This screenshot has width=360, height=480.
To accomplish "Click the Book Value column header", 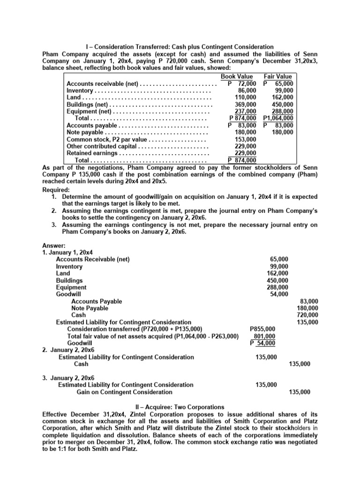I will click(x=237, y=76).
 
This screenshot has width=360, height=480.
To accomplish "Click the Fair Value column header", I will click(x=277, y=76).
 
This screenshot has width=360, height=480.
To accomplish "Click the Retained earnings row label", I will click(x=92, y=153).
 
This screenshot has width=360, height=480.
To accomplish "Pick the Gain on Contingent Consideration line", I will click(x=124, y=392).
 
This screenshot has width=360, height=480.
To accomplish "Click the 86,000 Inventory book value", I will click(x=247, y=90).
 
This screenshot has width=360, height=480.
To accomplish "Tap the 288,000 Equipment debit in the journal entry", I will click(x=279, y=287).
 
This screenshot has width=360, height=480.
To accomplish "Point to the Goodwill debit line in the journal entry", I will click(x=68, y=294).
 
